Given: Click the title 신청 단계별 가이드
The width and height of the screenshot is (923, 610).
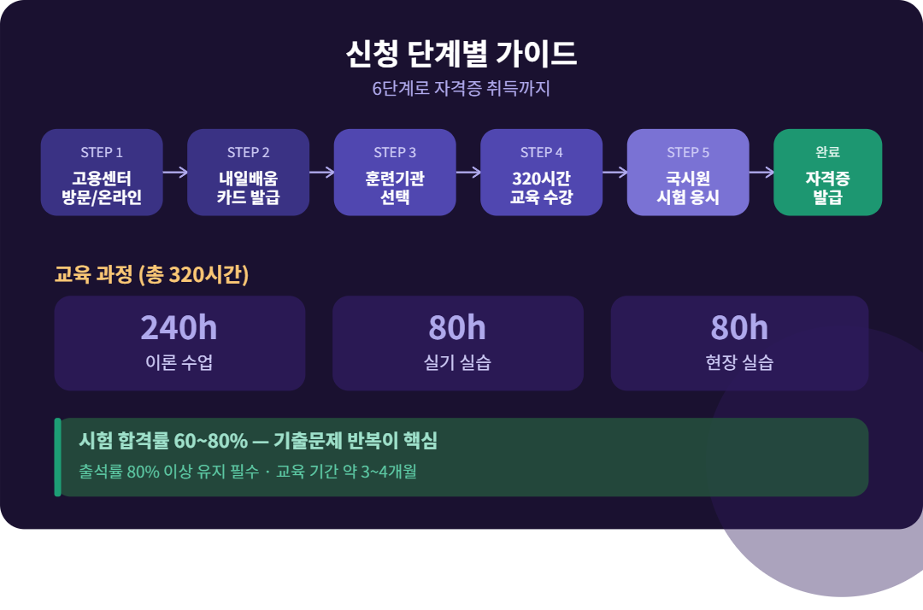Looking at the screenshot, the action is point(461,54).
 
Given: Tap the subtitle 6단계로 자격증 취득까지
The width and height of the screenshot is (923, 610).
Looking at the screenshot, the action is point(461,89).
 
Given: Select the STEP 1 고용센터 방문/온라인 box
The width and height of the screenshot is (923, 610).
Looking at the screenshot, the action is point(102,173).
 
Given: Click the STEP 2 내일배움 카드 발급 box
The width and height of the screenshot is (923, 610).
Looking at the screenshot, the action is point(248,173).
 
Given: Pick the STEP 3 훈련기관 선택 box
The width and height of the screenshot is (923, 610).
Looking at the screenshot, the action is point(395,173).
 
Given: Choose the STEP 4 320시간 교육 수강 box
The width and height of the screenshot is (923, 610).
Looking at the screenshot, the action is point(541,173).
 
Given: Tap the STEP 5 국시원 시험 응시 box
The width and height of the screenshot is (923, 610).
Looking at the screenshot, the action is point(688,173).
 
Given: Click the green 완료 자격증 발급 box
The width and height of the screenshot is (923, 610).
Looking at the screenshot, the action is point(827,173).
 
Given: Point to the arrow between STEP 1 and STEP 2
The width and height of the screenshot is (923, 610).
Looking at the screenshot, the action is point(175,172).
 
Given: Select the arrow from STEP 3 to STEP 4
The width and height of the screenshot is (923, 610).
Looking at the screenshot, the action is point(468,172).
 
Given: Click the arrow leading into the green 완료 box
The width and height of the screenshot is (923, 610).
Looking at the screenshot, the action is point(761,172).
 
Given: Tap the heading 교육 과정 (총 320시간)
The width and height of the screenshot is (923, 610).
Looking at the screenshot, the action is point(151,275).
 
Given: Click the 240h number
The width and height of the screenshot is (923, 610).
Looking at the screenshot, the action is point(179,328).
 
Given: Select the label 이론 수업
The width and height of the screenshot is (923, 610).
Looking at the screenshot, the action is point(179,362).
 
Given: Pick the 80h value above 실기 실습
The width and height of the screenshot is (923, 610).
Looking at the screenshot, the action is point(457,328).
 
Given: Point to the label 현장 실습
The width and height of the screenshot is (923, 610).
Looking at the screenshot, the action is point(739,362).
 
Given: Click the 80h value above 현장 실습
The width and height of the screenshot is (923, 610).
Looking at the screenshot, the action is point(739,328).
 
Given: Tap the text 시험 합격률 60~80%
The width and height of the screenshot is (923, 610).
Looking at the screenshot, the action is point(163,442).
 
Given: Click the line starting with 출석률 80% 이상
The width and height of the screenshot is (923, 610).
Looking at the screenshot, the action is point(247,472).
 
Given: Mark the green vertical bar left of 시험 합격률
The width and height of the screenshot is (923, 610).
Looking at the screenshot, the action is point(57,457).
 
